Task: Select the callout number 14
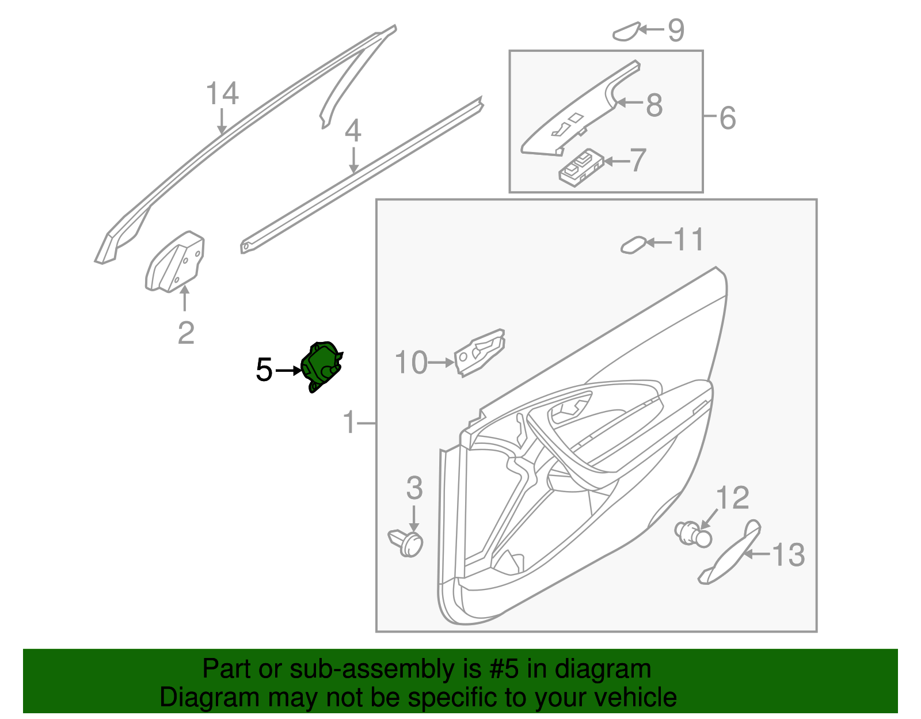pyautogui.click(x=222, y=94)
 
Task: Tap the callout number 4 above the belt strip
pyautogui.click(x=353, y=131)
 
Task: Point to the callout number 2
pyautogui.click(x=186, y=333)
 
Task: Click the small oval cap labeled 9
pyautogui.click(x=626, y=32)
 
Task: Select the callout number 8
pyautogui.click(x=654, y=105)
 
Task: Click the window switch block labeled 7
pyautogui.click(x=581, y=168)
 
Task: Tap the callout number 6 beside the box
pyautogui.click(x=728, y=118)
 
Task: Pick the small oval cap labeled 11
pyautogui.click(x=633, y=245)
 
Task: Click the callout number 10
pyautogui.click(x=411, y=363)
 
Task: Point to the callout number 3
pyautogui.click(x=414, y=488)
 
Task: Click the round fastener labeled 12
pyautogui.click(x=693, y=534)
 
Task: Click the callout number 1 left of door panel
pyautogui.click(x=349, y=423)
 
